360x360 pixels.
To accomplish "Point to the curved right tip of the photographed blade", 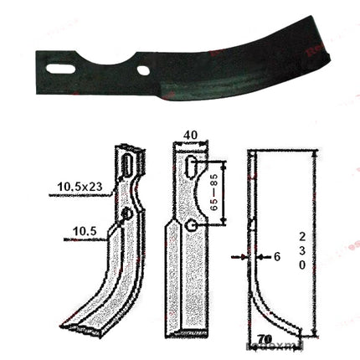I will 329,61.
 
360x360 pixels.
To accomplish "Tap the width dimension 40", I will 193,135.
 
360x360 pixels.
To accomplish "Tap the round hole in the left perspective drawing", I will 126,215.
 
